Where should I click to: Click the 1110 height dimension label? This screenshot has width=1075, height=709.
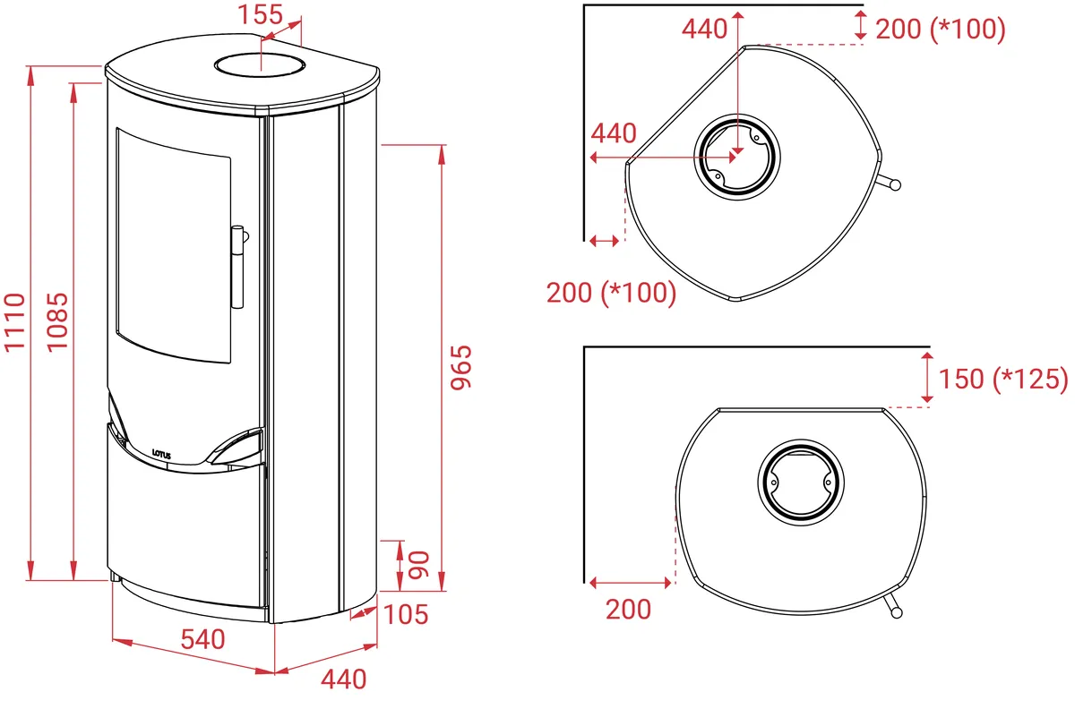coord(14,322)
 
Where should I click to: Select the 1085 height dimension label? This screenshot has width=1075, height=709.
coord(57,322)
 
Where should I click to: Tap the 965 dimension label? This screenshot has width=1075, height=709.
coord(461,367)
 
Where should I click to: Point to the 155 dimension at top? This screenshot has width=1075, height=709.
coord(260,14)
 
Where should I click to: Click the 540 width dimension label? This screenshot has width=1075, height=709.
coord(202,639)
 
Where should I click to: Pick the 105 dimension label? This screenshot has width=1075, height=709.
coord(406,614)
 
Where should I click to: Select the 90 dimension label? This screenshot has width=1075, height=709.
coord(418,565)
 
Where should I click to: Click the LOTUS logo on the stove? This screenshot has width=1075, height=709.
coord(161,454)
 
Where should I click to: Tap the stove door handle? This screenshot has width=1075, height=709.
coord(238,267)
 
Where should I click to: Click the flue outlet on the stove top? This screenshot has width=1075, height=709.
coord(260,65)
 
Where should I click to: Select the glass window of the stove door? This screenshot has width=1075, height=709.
coord(173,245)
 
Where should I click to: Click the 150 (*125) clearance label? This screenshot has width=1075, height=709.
coord(1003,379)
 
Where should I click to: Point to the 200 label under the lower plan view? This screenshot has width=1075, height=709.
coord(628,610)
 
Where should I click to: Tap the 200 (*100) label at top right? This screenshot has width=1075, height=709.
coord(940,30)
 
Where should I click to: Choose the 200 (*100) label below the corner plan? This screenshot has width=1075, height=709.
coord(611,293)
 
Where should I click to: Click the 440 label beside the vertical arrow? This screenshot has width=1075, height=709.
coord(704,30)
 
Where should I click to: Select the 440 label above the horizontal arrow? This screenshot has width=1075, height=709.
coord(614,133)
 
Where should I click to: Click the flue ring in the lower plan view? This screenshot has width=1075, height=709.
coord(801,483)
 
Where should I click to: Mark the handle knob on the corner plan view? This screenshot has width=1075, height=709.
coord(895,184)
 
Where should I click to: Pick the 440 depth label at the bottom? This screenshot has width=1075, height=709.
coord(344,679)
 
